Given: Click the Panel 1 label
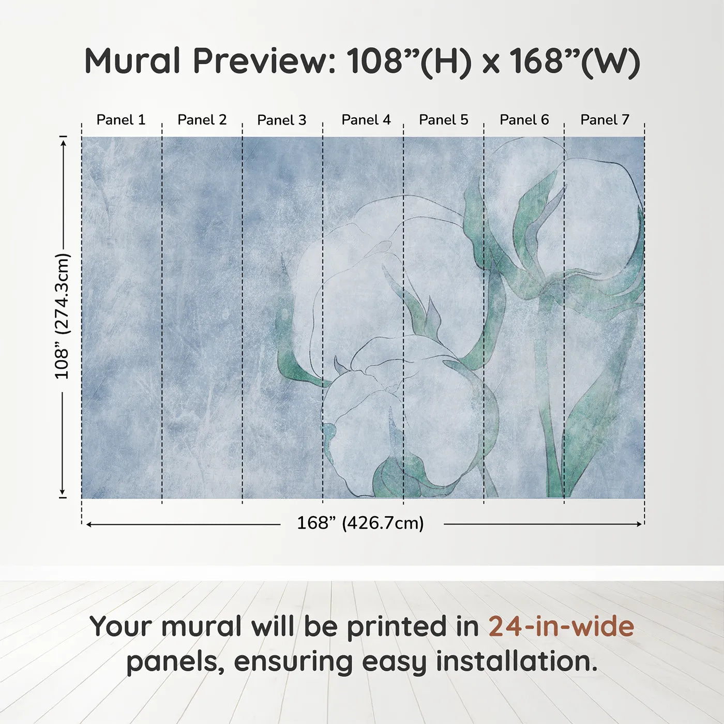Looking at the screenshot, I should click(x=121, y=120).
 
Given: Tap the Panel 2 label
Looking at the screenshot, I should click(x=202, y=120).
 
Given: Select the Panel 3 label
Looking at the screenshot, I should click(x=282, y=120).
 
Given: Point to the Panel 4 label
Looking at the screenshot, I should click(x=366, y=120).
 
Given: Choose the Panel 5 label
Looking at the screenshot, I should click(x=443, y=120).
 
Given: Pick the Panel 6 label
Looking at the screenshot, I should click(x=524, y=120).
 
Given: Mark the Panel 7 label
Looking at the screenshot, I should click(x=605, y=120).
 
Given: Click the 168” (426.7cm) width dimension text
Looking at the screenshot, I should click(x=360, y=523).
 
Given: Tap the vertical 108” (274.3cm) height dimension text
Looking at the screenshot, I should click(x=62, y=316).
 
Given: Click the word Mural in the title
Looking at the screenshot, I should click(x=132, y=61).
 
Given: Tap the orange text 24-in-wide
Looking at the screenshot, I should click(x=561, y=626).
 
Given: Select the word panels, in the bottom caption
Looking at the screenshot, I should click(x=175, y=662).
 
